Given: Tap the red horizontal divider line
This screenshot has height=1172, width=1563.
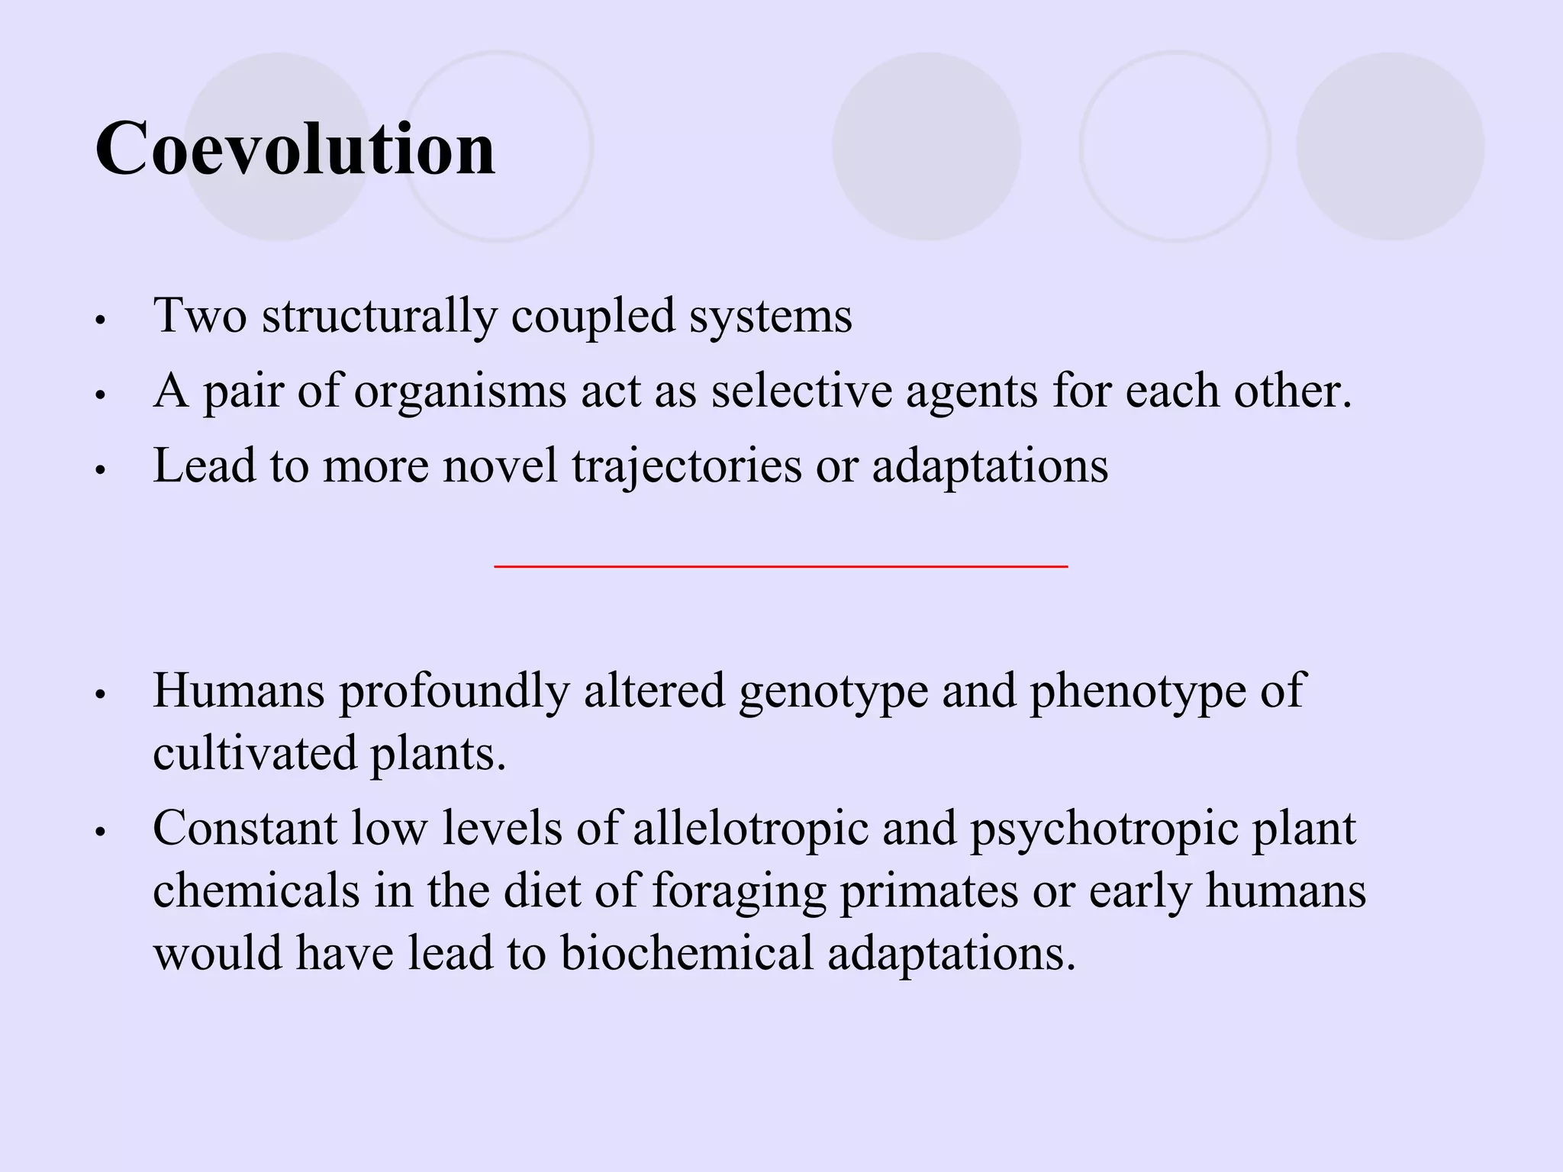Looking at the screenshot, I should tap(780, 566).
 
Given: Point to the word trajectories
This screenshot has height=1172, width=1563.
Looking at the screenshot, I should tap(687, 466).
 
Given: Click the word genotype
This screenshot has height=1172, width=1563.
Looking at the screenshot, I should tap(833, 691).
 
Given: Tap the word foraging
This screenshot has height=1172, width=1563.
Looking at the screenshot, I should tap(740, 891).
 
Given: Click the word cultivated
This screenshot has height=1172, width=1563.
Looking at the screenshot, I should tap(255, 753).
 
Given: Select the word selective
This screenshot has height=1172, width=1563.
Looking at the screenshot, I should tap(801, 391).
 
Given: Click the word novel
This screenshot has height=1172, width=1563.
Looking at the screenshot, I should tap(500, 465).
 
